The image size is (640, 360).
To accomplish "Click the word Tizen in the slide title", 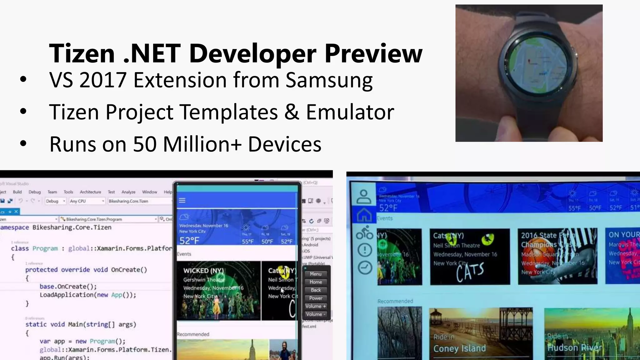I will click(x=82, y=53).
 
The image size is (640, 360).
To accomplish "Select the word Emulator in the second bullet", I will click(x=350, y=112).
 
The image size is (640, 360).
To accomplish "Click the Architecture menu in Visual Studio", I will click(x=90, y=192).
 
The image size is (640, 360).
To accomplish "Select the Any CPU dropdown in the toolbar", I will click(x=87, y=201).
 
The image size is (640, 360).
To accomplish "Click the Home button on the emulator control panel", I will click(x=316, y=282).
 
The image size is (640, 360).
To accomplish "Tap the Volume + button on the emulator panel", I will click(x=316, y=306).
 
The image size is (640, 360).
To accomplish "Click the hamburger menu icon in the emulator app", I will click(x=182, y=200).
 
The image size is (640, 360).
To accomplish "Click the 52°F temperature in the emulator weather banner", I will click(x=189, y=241).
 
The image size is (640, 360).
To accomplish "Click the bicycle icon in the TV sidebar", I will click(x=364, y=232).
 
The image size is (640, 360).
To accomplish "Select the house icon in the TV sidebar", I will click(x=364, y=215).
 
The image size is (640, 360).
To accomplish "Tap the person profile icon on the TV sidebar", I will click(x=364, y=197).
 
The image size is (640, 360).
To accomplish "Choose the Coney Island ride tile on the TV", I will click(x=481, y=334).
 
